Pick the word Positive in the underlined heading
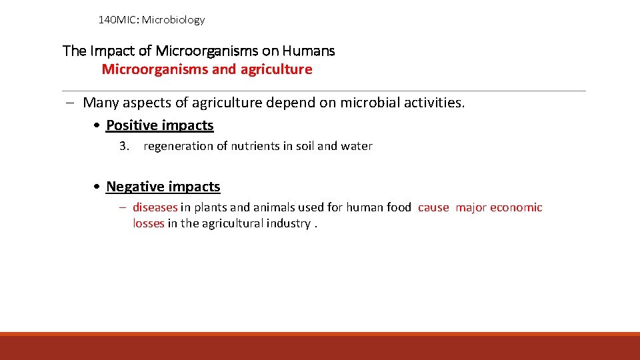click(x=131, y=125)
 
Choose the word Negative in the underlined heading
click(x=134, y=187)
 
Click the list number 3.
click(x=123, y=146)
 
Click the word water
click(x=357, y=146)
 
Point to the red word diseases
click(x=155, y=207)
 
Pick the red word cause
click(x=433, y=207)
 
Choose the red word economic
click(x=516, y=207)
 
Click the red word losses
click(x=148, y=223)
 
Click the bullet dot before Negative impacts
click(x=98, y=187)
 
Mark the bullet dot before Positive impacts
click(x=98, y=126)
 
